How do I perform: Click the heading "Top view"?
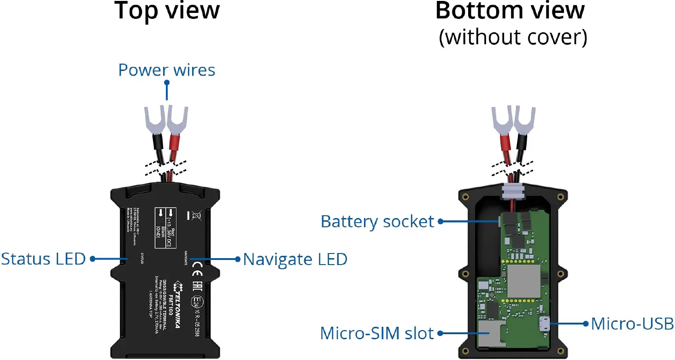coord(167,11)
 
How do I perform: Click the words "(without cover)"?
coord(513,37)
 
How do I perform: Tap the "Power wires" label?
coord(166,70)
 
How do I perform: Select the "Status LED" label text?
coord(43,259)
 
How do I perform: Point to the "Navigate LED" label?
coord(295,259)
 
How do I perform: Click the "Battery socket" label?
coord(377,222)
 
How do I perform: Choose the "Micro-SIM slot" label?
coord(377,333)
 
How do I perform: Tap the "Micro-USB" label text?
coord(632,324)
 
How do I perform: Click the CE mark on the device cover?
coord(195,266)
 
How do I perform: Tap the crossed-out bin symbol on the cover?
coord(194,214)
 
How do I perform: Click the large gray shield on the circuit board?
coord(523,281)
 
